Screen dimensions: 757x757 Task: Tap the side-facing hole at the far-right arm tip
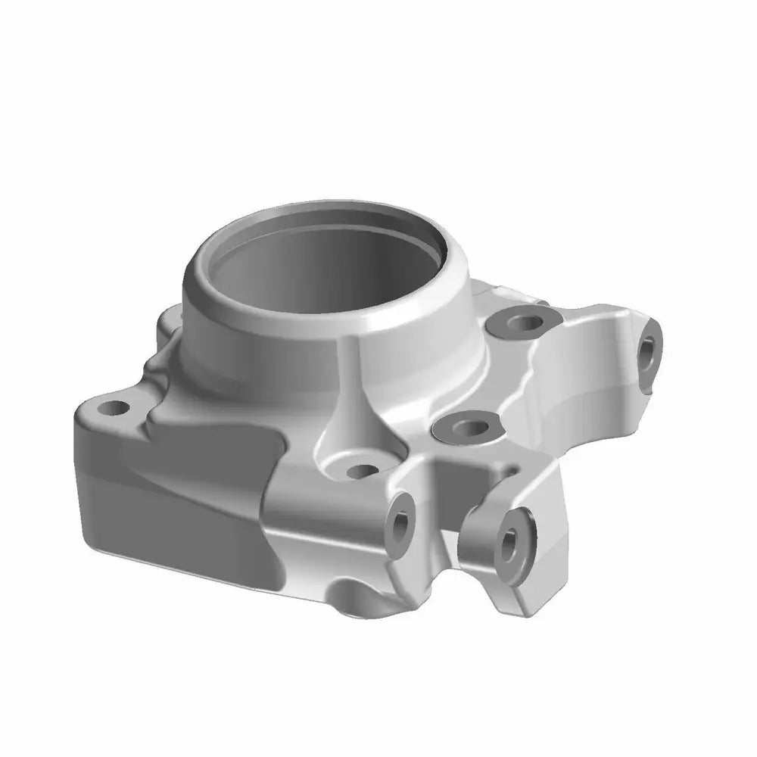pos(649,350)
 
